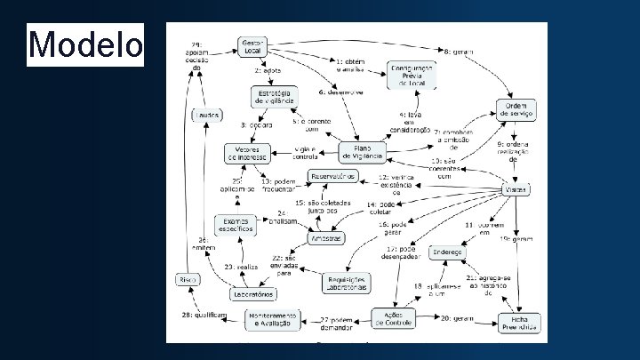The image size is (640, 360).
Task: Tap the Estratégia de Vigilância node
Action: click(x=274, y=97)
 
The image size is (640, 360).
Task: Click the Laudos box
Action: click(x=206, y=115)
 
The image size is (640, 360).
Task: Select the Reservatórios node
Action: click(x=333, y=176)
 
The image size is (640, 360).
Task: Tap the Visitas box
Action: click(x=516, y=190)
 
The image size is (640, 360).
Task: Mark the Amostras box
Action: click(x=325, y=238)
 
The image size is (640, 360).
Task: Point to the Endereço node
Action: click(x=448, y=252)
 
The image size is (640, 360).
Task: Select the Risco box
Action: click(x=187, y=279)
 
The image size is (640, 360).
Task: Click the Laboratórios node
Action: click(x=252, y=294)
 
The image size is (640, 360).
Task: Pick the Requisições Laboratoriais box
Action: click(x=347, y=284)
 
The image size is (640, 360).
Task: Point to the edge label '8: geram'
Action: click(x=459, y=52)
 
